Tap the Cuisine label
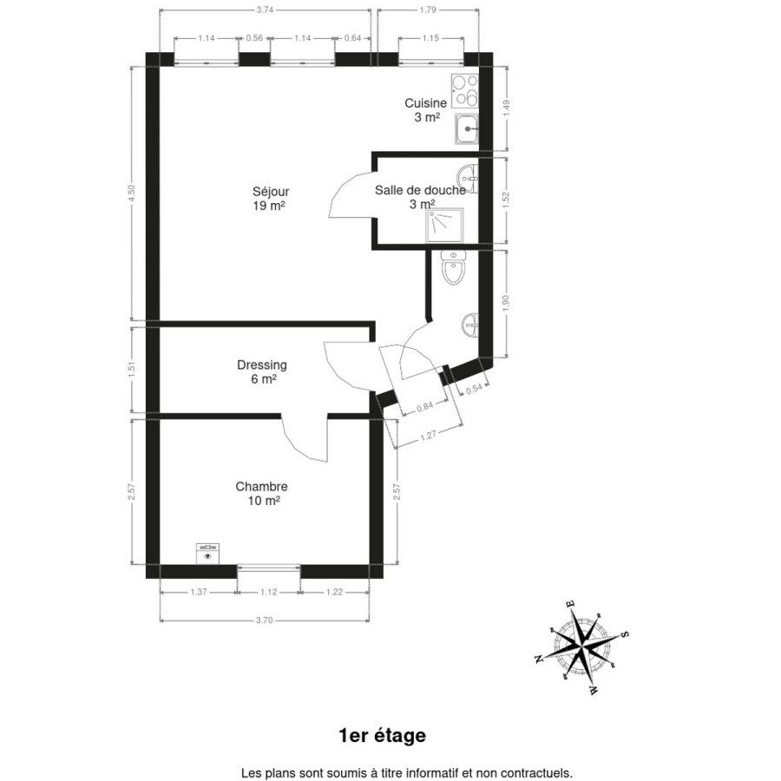425,103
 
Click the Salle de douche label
420,190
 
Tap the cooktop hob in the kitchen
465,90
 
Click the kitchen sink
467,129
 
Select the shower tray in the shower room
445,225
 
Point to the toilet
453,267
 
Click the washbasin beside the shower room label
469,180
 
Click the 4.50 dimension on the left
132,194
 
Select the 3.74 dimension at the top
265,10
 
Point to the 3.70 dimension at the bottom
265,620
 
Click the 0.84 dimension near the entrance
424,406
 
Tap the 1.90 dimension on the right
506,304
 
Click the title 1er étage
382,735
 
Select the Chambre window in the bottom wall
268,567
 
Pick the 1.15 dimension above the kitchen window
430,38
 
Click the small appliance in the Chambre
207,554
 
